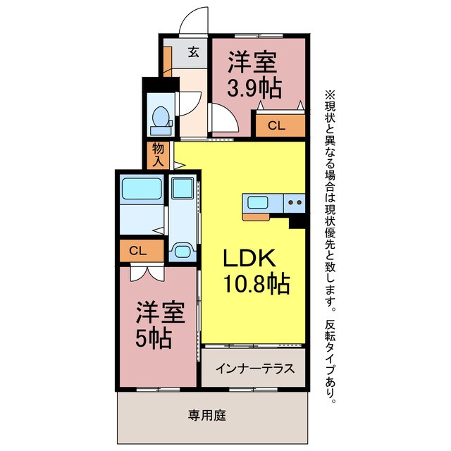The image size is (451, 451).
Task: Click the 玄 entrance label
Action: tap(193, 51)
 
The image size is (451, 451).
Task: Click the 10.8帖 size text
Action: tap(256, 284)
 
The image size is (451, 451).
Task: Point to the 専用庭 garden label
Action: tap(206, 416)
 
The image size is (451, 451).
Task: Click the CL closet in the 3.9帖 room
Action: tap(280, 127)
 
